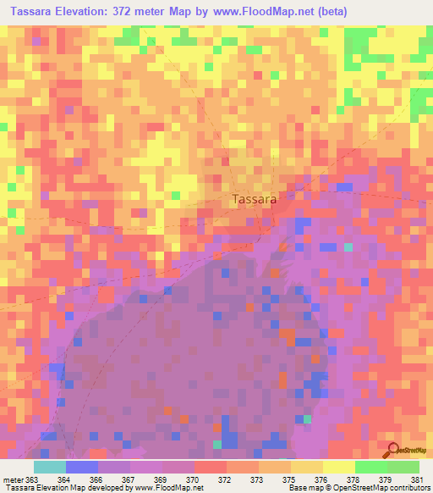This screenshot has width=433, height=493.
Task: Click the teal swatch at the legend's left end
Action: point(50,467)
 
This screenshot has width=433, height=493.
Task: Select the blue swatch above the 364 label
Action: point(82,467)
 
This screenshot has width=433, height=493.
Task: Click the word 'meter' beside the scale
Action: point(12,480)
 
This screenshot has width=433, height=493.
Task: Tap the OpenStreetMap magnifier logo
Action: point(392,450)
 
